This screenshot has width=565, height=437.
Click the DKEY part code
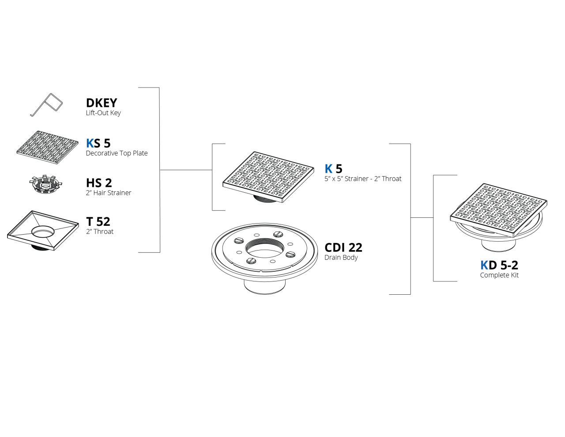click(102, 103)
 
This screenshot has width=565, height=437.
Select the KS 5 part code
click(98, 143)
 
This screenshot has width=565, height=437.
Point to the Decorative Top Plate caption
click(117, 153)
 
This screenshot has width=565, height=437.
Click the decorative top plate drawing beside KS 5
click(47, 147)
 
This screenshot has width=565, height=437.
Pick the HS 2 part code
click(99, 183)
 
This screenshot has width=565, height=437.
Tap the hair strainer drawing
click(46, 184)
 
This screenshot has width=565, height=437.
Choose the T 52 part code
click(98, 222)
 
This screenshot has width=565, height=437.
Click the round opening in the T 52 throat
click(43, 232)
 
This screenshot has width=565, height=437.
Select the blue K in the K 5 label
click(328, 169)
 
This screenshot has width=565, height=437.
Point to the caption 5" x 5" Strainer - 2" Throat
click(363, 179)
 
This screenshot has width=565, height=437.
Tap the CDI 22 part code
click(343, 247)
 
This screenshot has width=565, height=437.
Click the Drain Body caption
click(341, 257)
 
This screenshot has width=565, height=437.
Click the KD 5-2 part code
click(499, 265)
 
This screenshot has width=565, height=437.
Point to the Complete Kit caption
click(499, 275)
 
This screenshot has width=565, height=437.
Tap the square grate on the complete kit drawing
click(499, 210)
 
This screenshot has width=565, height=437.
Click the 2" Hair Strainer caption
click(109, 193)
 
